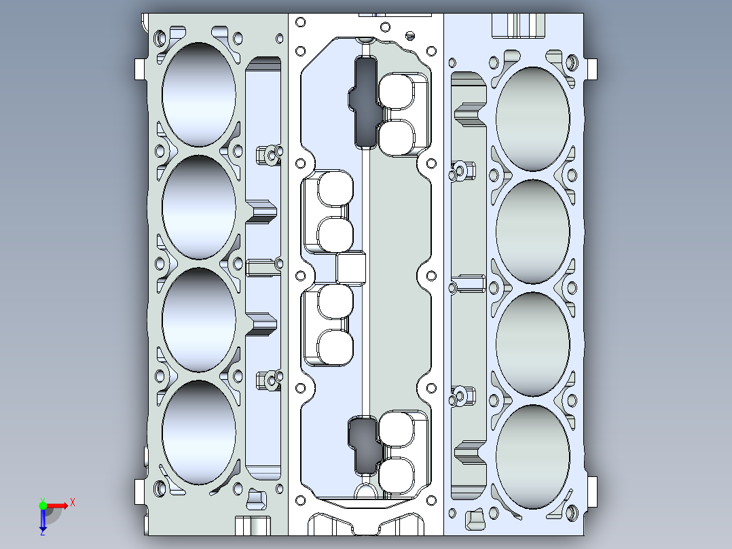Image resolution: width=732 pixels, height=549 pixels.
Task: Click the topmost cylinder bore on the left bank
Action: click(199, 94)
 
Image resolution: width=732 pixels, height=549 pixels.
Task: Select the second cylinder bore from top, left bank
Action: click(199, 207)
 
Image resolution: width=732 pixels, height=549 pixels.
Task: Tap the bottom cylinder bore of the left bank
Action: click(199, 432)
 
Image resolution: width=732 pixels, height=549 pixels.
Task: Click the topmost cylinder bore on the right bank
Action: click(533, 118)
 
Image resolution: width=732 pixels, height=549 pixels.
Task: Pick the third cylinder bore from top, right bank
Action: click(533, 344)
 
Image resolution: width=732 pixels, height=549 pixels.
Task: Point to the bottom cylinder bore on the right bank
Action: click(533, 457)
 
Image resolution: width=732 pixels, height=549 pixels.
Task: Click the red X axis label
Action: click(73, 503)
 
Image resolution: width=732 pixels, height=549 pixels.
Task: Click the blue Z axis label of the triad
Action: click(42, 533)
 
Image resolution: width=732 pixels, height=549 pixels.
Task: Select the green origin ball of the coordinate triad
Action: click(43, 505)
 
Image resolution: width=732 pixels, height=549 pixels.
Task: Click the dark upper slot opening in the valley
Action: click(367, 102)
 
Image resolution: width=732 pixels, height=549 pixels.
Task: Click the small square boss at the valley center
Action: click(352, 268)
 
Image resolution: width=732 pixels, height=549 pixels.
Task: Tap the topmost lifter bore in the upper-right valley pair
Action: click(399, 92)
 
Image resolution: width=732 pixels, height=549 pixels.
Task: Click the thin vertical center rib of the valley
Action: click(365, 204)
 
